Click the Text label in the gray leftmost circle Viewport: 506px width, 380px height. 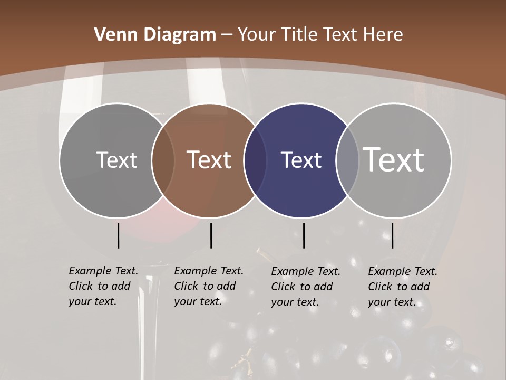point(116,160)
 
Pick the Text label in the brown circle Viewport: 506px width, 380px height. point(209,160)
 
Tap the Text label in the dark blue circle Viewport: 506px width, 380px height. point(301,160)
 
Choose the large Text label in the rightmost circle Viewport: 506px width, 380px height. point(394,159)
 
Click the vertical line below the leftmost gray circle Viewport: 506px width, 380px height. point(118,235)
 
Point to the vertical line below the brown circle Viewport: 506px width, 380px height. point(211,235)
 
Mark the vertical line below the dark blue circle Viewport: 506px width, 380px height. point(304,235)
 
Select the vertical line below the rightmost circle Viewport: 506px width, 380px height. point(392,235)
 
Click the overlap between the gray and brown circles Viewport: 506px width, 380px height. point(163,160)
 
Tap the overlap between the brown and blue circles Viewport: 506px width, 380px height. point(255,160)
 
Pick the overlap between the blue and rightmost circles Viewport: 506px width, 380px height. point(347,160)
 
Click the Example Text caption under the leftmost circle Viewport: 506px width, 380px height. point(103,286)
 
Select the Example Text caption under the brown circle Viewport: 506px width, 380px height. point(209,286)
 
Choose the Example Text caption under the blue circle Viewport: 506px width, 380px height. point(306,287)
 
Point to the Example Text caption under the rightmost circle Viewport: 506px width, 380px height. point(403,287)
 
